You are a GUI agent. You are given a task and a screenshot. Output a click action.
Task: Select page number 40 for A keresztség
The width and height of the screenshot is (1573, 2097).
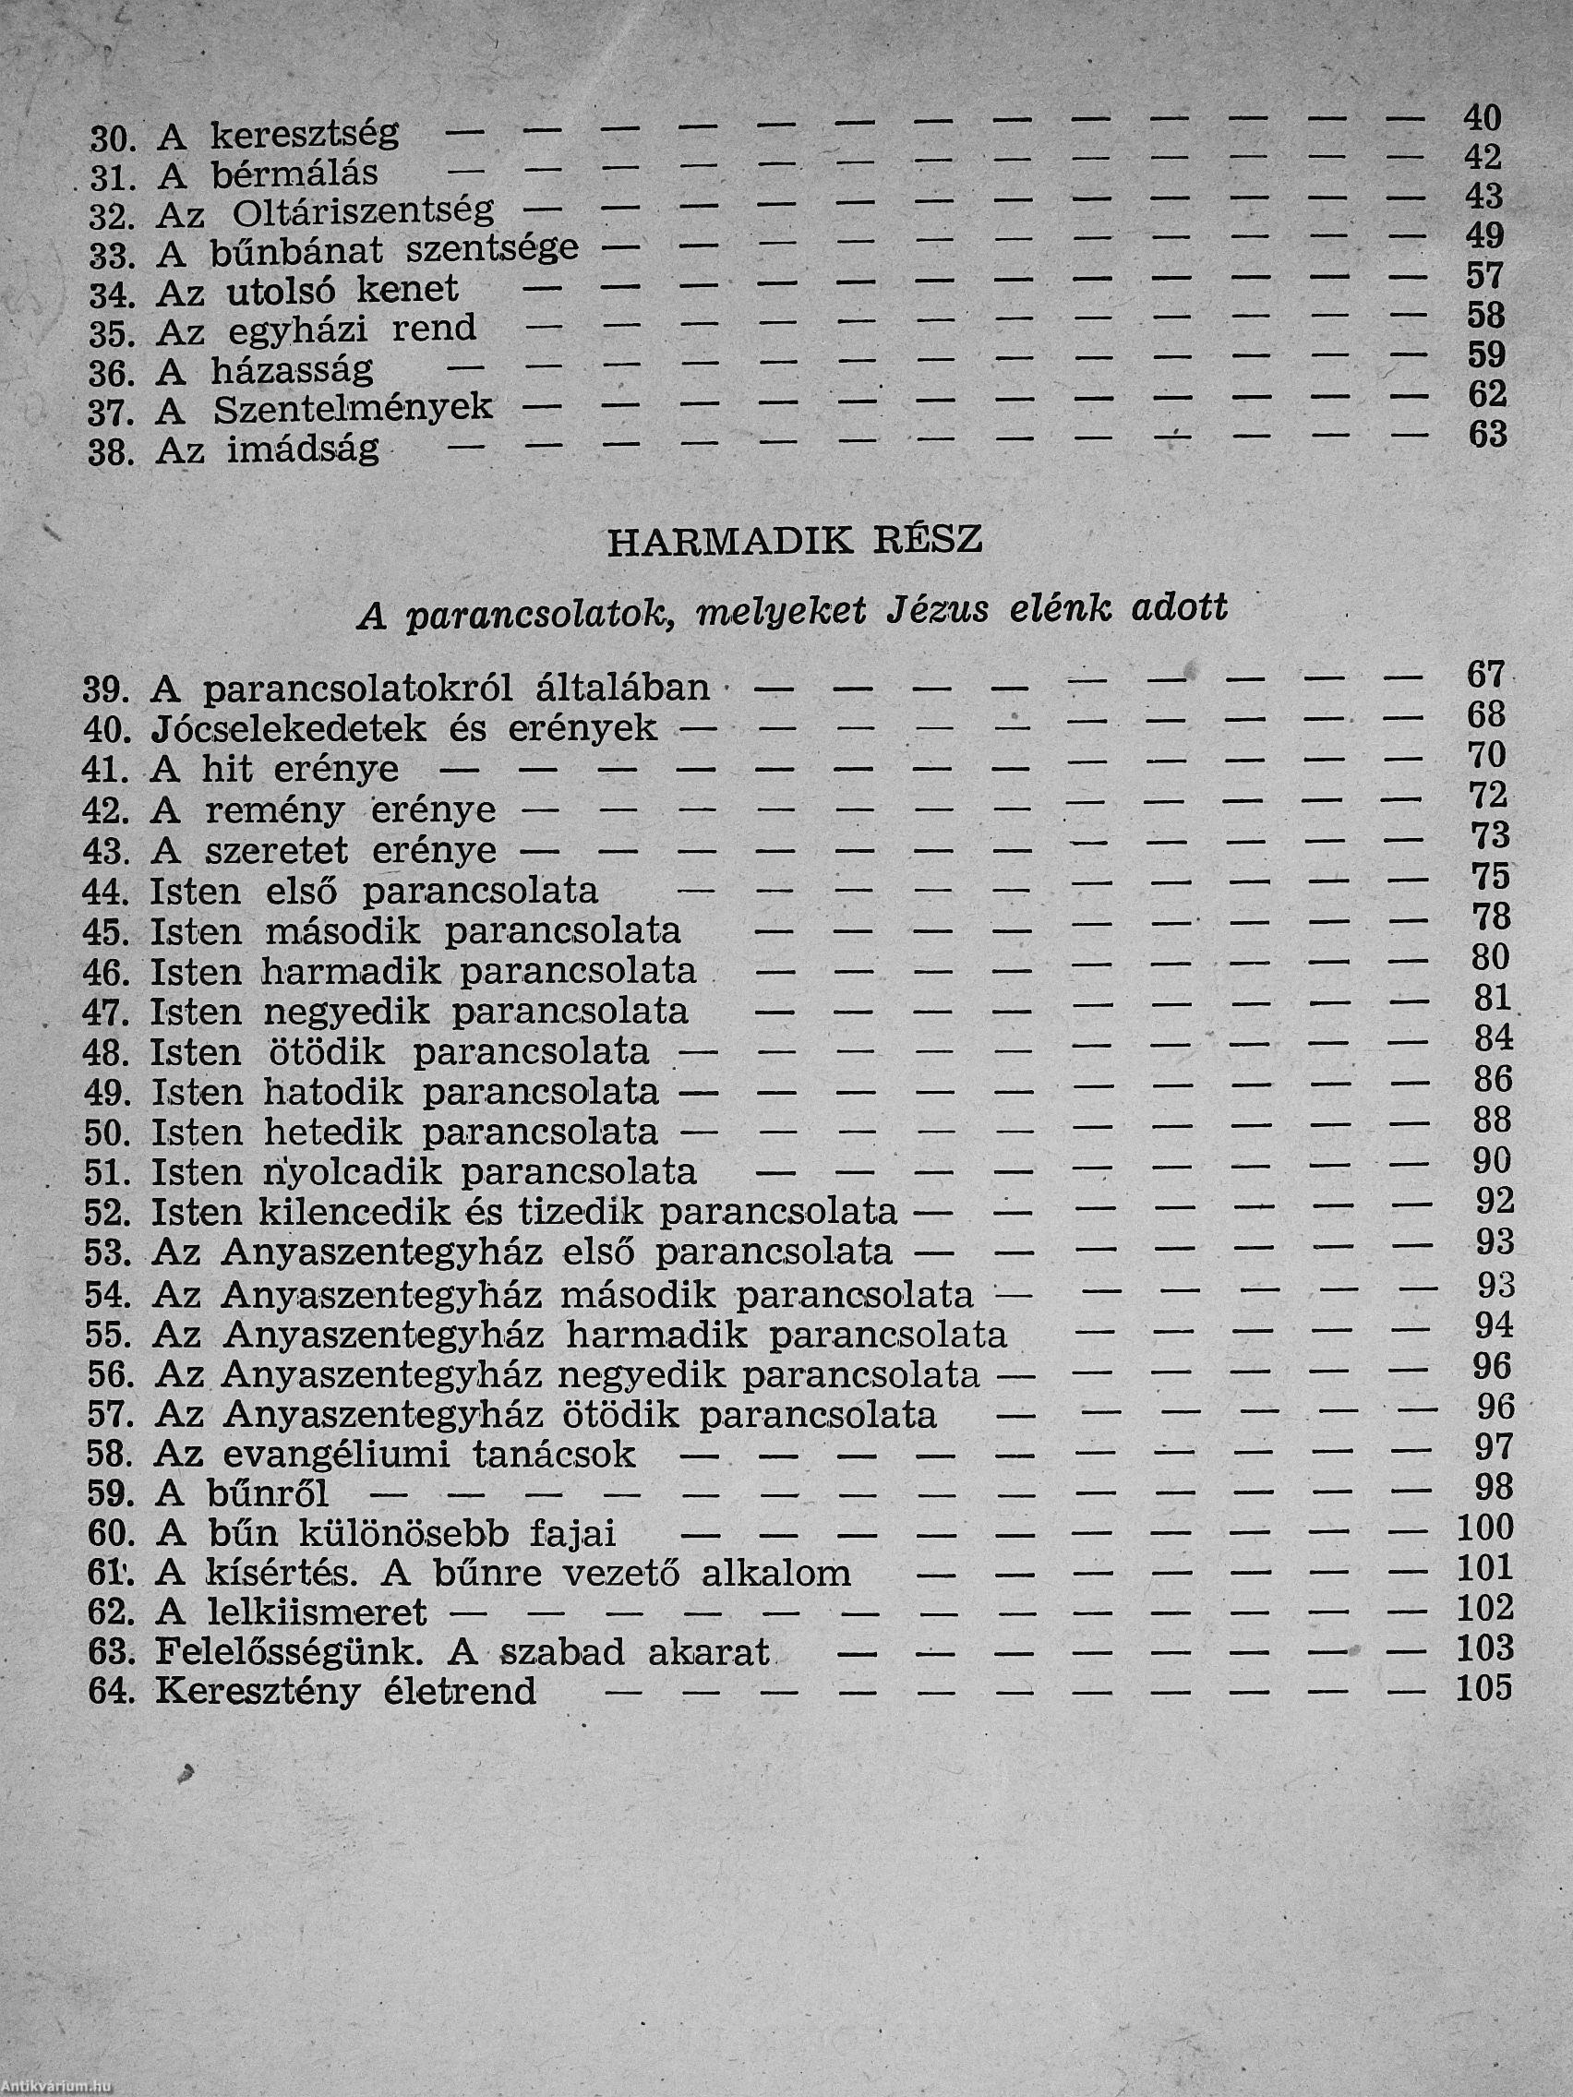(x=1483, y=117)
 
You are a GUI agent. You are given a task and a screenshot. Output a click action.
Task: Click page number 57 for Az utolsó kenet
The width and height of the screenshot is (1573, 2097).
(x=1484, y=276)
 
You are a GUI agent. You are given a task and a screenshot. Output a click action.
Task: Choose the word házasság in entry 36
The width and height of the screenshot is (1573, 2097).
(x=291, y=370)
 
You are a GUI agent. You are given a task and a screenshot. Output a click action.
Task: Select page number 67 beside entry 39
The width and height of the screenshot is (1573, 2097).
(x=1486, y=674)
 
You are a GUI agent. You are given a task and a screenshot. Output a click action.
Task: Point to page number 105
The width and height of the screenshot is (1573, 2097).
(x=1483, y=1688)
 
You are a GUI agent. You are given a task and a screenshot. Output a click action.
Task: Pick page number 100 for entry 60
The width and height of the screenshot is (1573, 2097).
(x=1484, y=1528)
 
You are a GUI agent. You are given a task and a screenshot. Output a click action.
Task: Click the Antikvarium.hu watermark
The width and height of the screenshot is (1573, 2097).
(x=57, y=2087)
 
